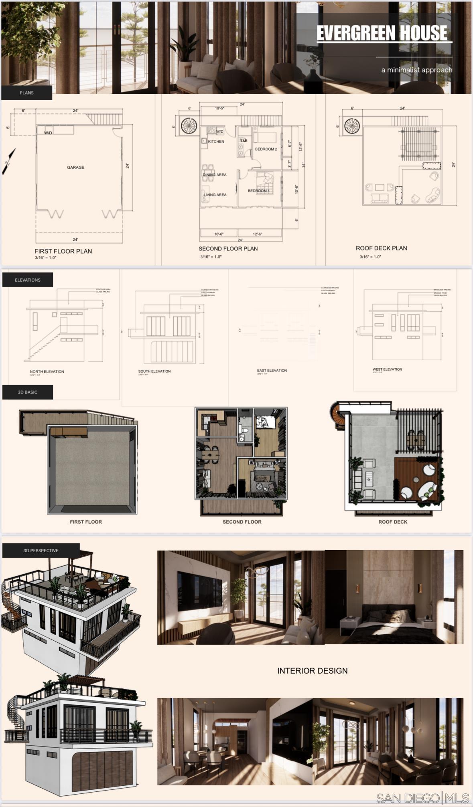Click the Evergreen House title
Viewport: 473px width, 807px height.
[382, 33]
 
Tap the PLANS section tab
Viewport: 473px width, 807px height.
[26, 93]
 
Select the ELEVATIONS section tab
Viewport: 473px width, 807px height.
[27, 280]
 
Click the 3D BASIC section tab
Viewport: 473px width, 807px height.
[27, 392]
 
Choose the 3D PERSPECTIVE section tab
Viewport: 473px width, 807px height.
[41, 550]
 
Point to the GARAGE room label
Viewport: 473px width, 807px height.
[75, 167]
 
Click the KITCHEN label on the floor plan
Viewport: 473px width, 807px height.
[216, 141]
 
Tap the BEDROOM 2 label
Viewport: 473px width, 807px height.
[266, 149]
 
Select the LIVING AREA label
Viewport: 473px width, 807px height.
[215, 195]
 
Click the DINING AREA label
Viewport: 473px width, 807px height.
[215, 175]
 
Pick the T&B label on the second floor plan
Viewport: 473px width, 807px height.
[244, 141]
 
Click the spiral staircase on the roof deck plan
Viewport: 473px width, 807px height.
[352, 126]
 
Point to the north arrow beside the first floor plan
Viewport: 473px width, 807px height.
[8, 161]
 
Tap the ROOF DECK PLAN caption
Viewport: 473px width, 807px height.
[381, 248]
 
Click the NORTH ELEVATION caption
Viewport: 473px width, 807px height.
[47, 371]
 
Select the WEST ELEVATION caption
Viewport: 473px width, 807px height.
[387, 369]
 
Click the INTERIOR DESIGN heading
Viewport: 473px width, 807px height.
[312, 670]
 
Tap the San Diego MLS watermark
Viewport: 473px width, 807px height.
[422, 798]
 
